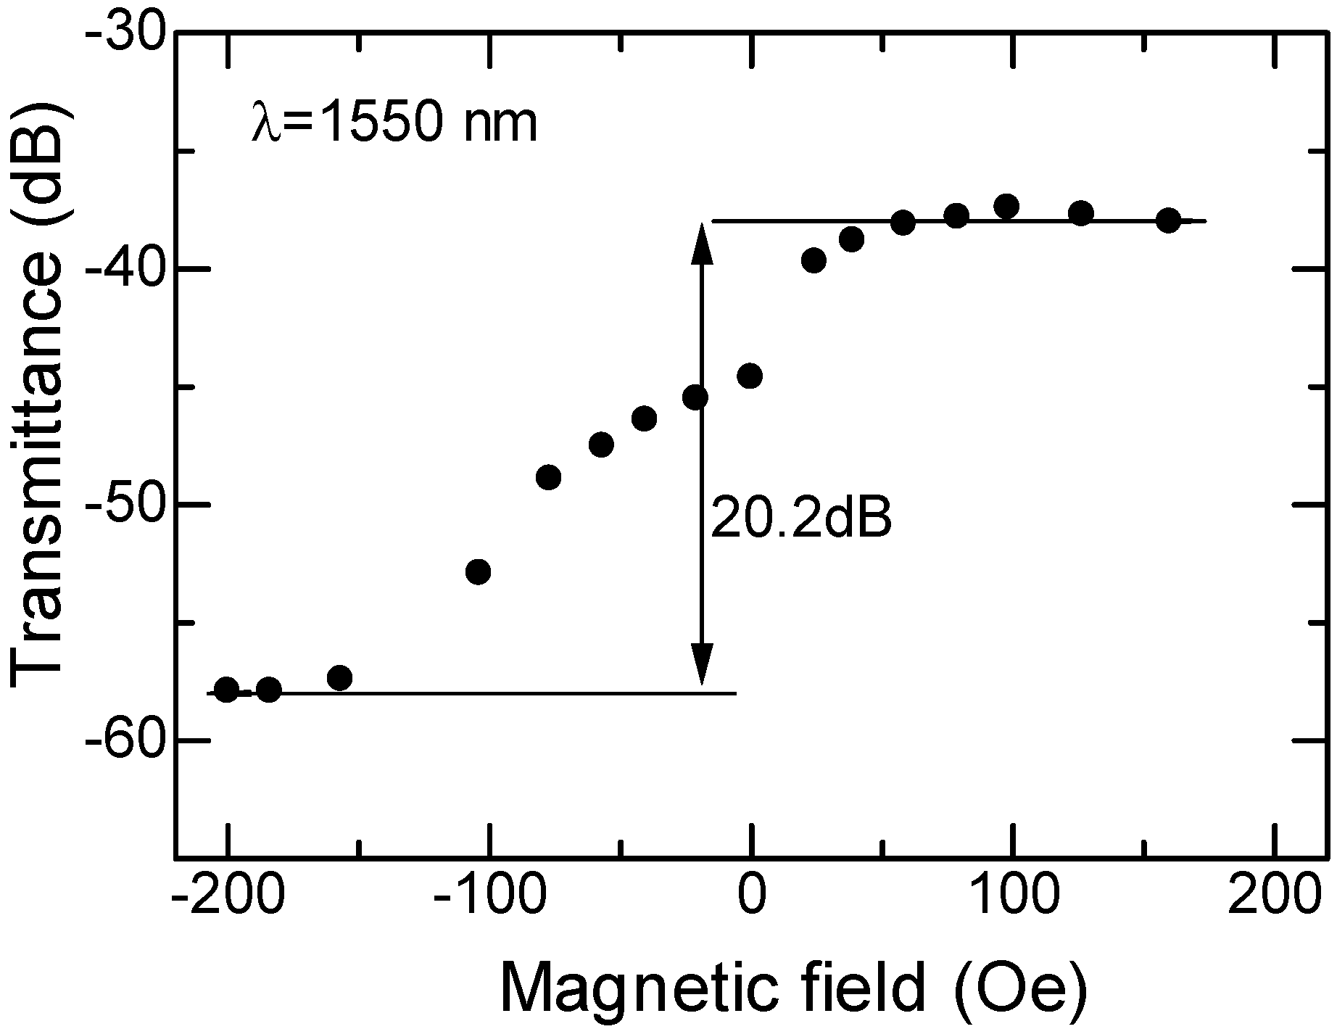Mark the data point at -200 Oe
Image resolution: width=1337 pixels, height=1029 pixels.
point(226,690)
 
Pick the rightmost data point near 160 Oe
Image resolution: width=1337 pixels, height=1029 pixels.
point(1168,220)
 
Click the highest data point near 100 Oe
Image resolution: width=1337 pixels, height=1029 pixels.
point(1006,207)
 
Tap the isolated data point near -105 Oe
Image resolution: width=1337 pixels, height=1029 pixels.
point(478,571)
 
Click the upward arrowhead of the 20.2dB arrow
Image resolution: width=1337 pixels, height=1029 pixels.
point(701,243)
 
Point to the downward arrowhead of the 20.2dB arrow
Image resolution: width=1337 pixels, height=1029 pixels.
point(701,664)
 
